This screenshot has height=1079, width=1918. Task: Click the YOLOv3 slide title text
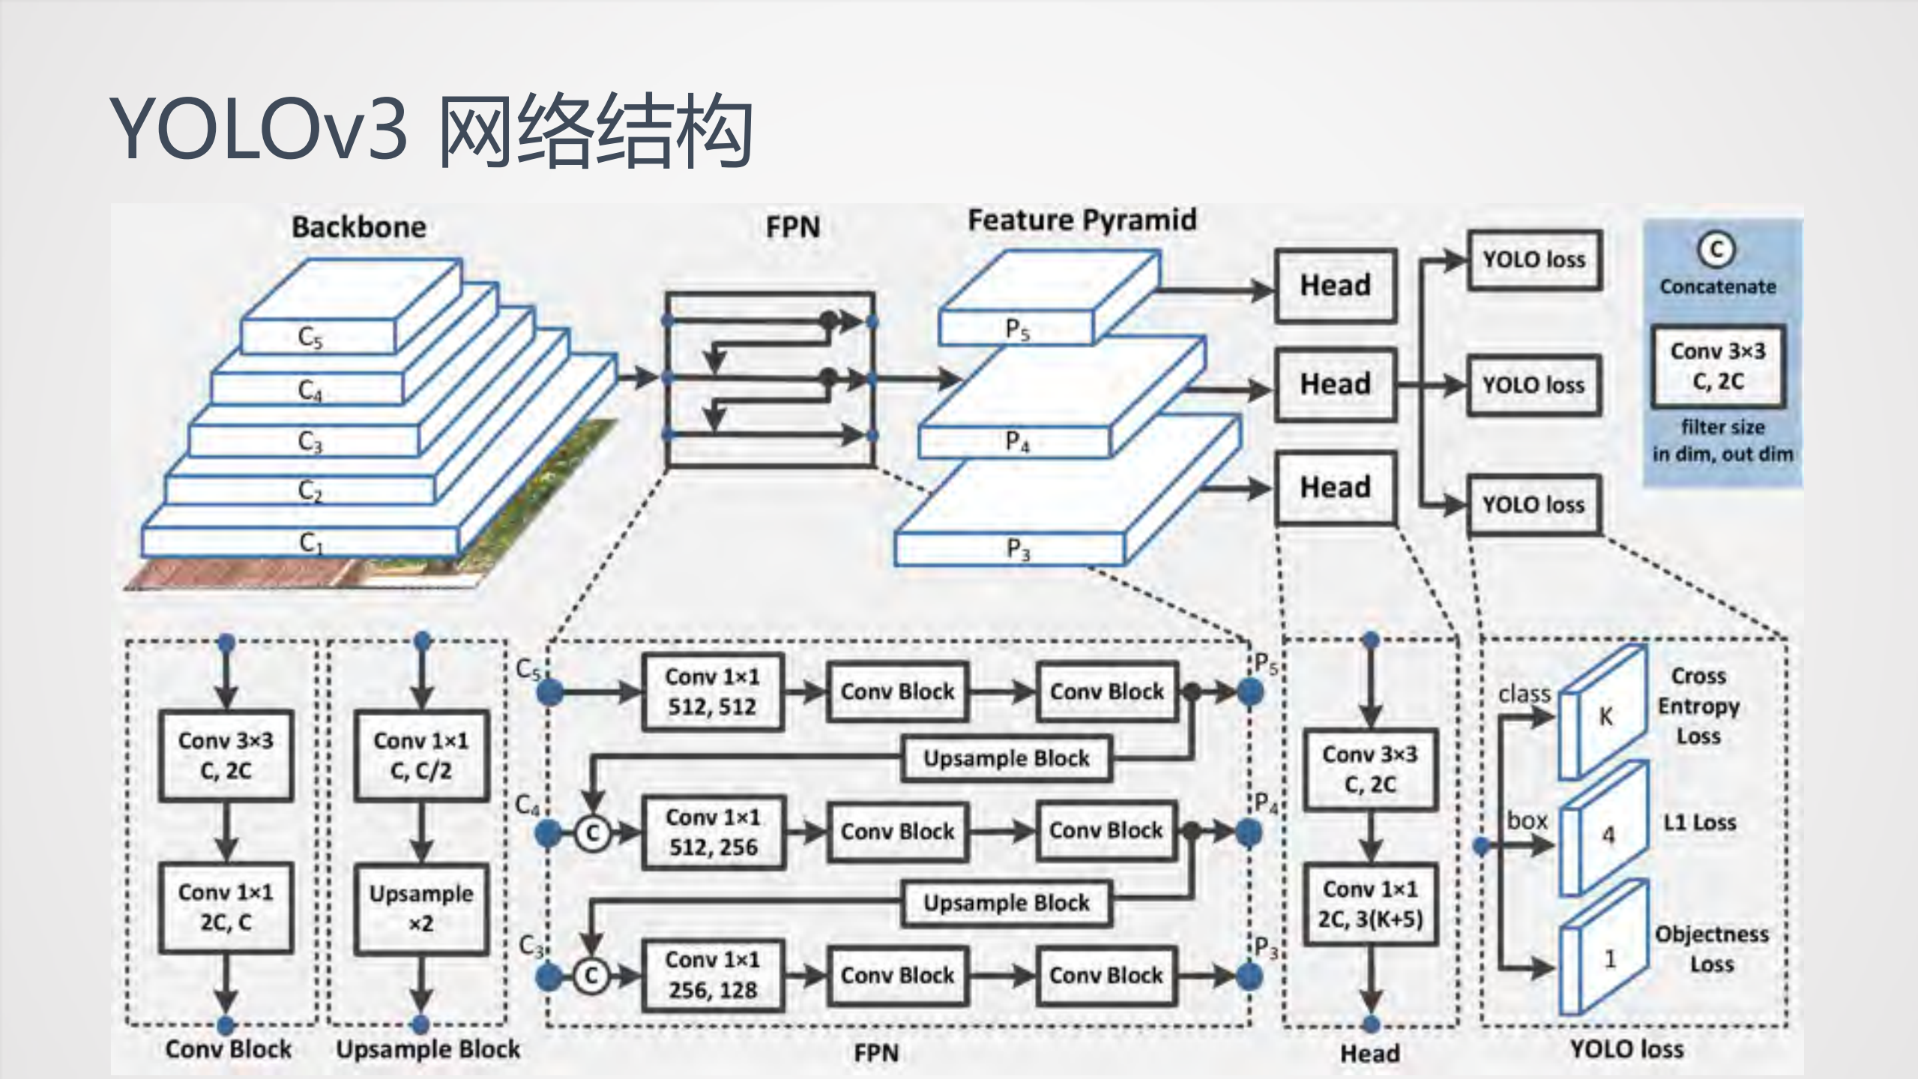pos(431,129)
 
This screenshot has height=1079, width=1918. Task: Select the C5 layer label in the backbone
pos(310,337)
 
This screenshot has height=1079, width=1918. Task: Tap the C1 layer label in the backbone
pos(310,542)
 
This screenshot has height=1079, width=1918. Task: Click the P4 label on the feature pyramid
pos(1017,442)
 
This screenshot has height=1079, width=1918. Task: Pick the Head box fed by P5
pos(1335,286)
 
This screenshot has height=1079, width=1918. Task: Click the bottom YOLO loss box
pos(1534,505)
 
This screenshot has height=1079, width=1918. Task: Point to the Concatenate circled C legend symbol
pos(1716,250)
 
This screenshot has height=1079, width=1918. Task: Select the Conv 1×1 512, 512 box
pos(712,691)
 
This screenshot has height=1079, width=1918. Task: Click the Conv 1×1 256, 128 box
pos(712,975)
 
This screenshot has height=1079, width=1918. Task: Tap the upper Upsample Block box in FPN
pos(1006,758)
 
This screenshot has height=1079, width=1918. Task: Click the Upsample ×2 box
pos(421,908)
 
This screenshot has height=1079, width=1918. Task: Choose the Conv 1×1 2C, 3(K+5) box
pos(1370,904)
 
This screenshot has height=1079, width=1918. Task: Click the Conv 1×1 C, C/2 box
pos(421,755)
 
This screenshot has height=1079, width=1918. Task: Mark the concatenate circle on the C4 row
pos(592,832)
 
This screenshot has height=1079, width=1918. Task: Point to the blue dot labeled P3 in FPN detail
pos(1249,976)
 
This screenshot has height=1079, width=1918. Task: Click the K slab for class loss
pos(1604,716)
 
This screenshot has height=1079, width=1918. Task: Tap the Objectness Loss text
pos(1712,949)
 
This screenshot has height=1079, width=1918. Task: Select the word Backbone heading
pos(358,227)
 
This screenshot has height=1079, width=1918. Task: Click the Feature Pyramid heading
pos(1082,220)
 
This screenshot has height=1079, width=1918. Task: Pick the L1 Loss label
pos(1699,823)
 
